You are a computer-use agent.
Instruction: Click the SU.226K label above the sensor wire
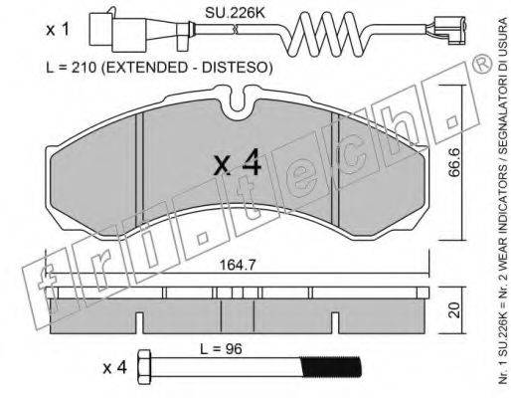point(235,13)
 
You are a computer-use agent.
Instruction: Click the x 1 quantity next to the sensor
point(58,30)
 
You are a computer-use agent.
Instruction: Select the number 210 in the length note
point(85,68)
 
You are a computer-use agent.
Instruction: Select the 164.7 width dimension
point(238,265)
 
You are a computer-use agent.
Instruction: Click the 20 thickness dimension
point(455,309)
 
